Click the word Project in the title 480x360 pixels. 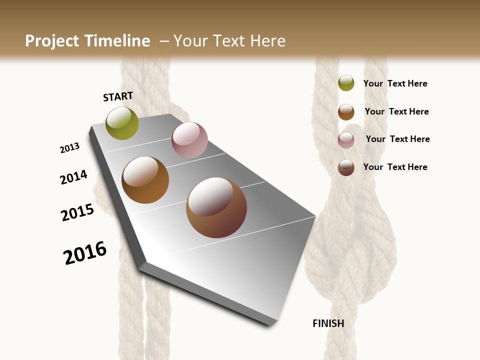(51, 41)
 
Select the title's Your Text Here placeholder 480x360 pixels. (229, 41)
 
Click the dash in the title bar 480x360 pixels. (164, 41)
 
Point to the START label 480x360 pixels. (118, 96)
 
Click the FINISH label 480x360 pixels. (328, 323)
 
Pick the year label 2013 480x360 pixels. (69, 148)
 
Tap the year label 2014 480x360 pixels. (73, 177)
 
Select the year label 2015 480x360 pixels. (77, 212)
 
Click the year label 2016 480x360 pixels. (85, 253)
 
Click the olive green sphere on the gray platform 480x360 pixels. (122, 123)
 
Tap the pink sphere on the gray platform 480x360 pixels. (189, 140)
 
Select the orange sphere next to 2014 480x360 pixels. (145, 180)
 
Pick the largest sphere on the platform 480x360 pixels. (216, 207)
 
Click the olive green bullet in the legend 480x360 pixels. (346, 83)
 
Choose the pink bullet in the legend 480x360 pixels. (346, 140)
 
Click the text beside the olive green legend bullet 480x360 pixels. (395, 84)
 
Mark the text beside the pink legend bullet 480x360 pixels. (397, 139)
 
